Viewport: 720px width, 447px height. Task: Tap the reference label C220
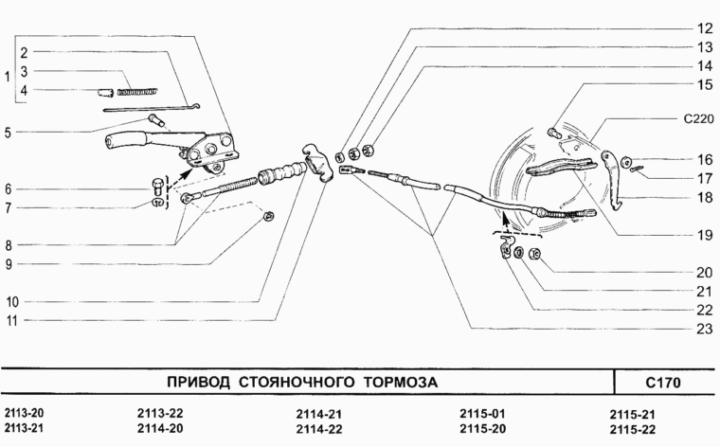tap(698, 119)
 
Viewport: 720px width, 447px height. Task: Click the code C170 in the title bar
tap(663, 384)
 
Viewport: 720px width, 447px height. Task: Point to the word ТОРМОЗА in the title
tap(403, 384)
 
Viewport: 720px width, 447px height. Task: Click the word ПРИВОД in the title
tap(200, 384)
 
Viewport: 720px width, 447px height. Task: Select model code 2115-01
tap(482, 414)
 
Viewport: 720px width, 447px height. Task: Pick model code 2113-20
tap(24, 414)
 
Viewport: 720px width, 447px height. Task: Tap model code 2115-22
tap(634, 429)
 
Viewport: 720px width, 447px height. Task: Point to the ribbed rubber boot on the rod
tap(280, 175)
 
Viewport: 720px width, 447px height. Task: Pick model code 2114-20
tap(159, 429)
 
